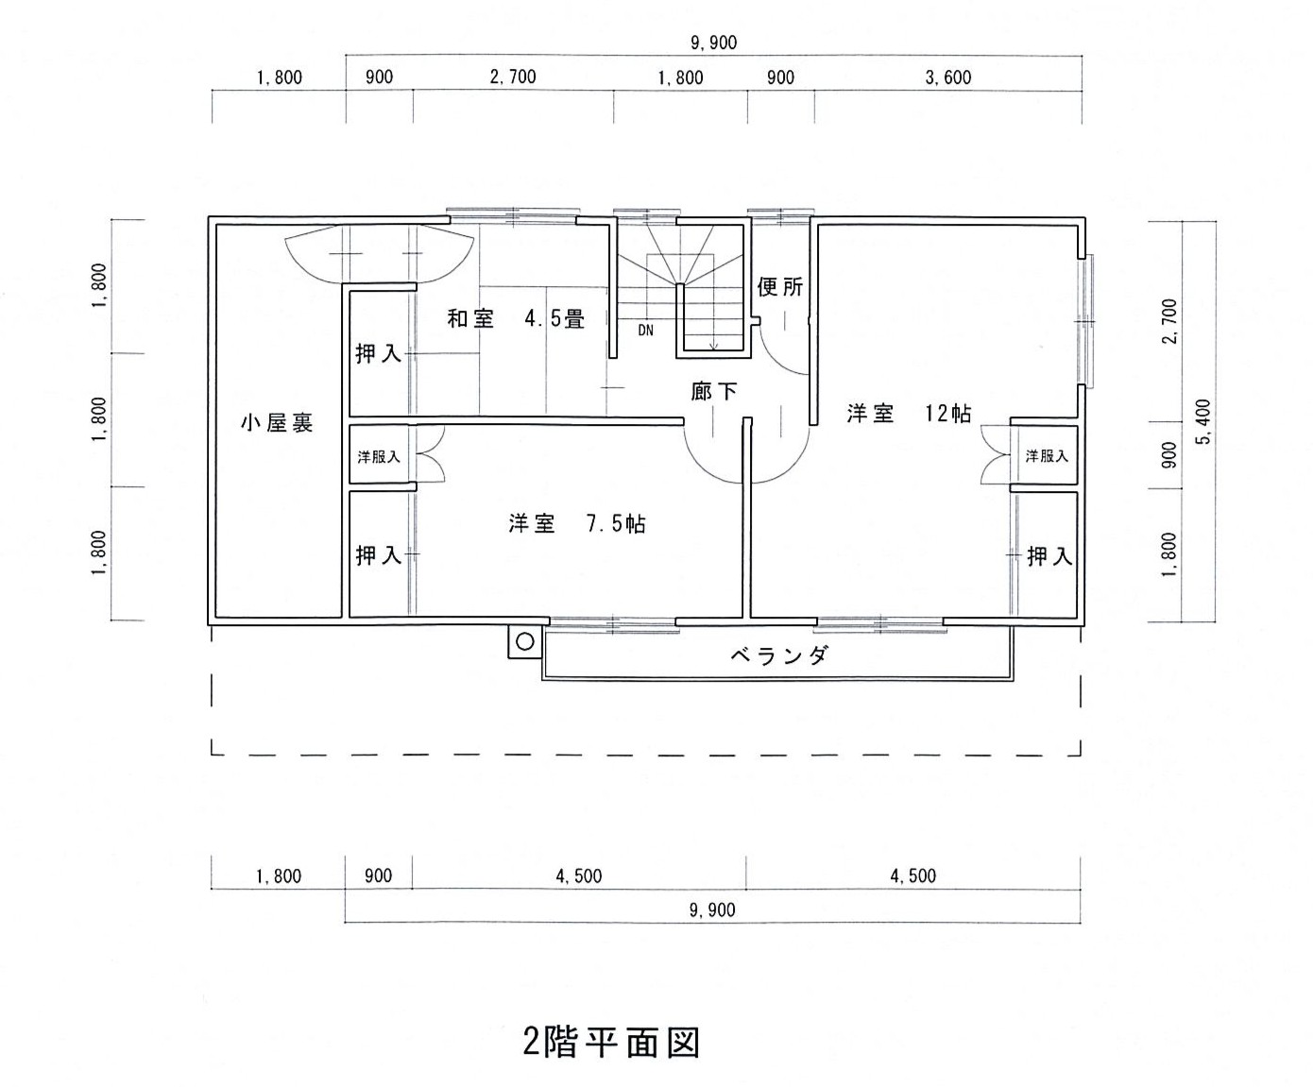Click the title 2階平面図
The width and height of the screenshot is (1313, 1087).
611,1042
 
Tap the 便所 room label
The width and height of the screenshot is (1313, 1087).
779,287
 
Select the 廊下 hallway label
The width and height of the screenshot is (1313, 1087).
714,392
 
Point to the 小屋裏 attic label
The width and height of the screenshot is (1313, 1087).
277,422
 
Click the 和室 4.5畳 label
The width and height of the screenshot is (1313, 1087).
516,319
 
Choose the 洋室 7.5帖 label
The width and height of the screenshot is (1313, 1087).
577,523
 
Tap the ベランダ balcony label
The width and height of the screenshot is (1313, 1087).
778,655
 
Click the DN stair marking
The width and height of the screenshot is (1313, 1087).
645,330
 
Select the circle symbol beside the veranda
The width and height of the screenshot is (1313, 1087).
525,642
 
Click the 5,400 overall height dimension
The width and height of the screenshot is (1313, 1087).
1204,421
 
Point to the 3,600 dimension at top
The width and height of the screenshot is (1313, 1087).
948,77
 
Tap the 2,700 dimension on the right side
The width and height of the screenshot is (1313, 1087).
1169,321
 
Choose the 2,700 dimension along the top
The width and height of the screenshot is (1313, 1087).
513,76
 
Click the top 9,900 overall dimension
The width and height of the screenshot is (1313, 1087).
714,42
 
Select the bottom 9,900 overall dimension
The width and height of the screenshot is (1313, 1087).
712,909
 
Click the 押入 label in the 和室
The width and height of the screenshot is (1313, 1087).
379,354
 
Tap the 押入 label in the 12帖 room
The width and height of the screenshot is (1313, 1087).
1049,555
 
